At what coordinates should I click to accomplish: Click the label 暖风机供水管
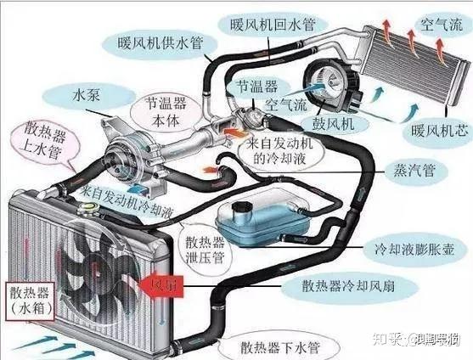point(162,41)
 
